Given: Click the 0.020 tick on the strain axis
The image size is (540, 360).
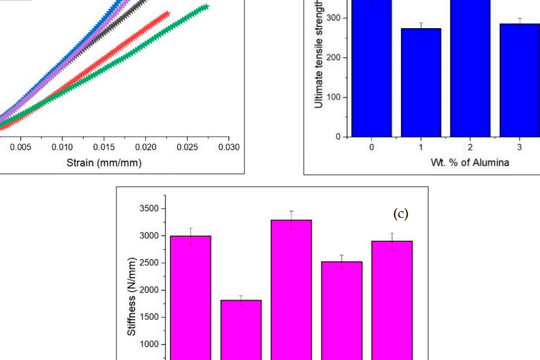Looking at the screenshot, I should pos(145,148).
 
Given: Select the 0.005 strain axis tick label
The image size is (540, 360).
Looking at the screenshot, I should pos(21,148).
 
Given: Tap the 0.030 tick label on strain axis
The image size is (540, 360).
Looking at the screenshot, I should pos(228,148).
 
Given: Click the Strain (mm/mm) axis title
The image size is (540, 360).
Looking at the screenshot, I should pos(104,162).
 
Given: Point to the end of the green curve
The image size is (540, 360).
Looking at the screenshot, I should pos(205,7).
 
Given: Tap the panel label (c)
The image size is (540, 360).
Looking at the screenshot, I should pos(401,214).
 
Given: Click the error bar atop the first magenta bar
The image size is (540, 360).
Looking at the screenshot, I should pos(191,235).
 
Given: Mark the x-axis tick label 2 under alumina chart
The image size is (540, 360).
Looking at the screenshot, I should pos(470,148).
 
